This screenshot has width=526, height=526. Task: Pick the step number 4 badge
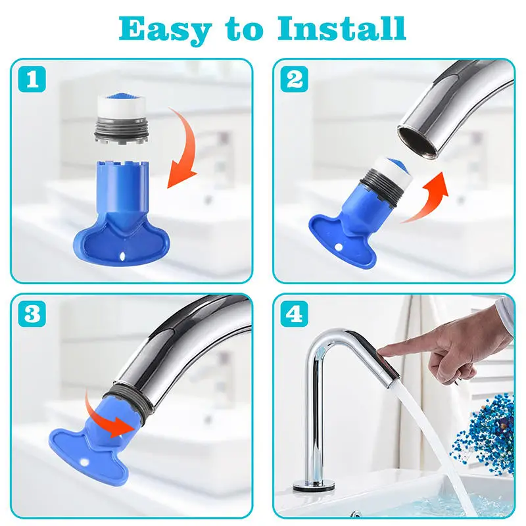295,314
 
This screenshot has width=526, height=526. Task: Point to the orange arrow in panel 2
428,195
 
